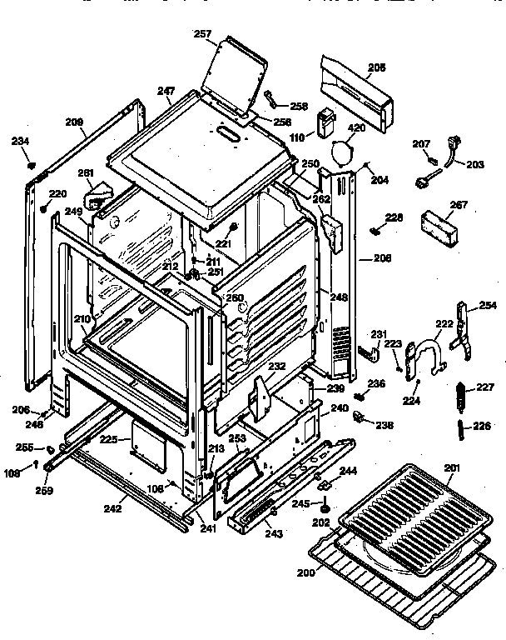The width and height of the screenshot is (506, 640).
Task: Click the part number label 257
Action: coord(202,34)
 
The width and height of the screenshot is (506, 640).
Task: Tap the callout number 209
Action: coord(76,123)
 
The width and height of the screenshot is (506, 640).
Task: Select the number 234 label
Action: coord(20,141)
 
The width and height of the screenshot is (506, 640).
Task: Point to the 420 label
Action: coord(356,128)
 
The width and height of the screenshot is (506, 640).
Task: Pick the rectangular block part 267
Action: coord(439,227)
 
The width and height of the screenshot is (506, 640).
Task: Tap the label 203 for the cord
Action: coord(474,164)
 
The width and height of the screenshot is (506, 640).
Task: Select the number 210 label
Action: coord(82,319)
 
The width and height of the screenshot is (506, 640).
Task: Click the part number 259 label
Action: coord(43,491)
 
